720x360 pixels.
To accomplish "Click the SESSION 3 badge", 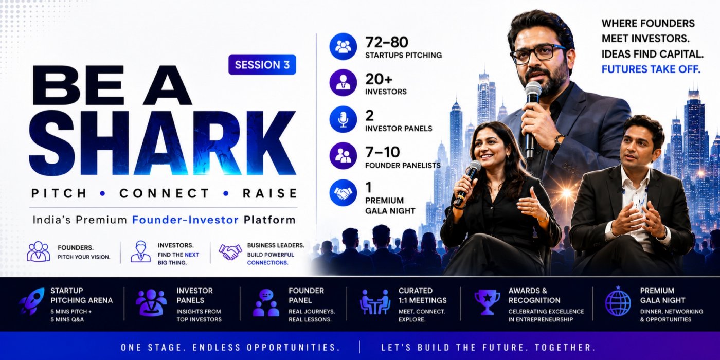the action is click(x=262, y=65).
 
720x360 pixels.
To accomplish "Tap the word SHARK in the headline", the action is click(x=163, y=143).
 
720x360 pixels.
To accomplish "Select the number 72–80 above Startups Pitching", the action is click(x=387, y=42).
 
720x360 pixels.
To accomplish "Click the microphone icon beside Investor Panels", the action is click(x=344, y=119).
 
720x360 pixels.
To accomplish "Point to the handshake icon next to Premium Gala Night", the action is click(x=344, y=193).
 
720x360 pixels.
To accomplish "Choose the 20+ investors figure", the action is click(x=379, y=79).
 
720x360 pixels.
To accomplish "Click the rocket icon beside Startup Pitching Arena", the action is click(x=31, y=301).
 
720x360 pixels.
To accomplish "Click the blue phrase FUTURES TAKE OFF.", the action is click(x=651, y=69).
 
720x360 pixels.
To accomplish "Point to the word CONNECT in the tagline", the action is click(x=164, y=193).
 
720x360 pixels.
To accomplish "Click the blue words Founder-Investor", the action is click(x=186, y=220).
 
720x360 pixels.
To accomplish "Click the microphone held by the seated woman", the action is click(x=467, y=183).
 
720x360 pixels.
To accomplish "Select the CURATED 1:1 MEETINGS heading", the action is click(x=422, y=295).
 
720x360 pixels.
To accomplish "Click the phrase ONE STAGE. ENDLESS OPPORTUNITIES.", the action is click(x=230, y=348).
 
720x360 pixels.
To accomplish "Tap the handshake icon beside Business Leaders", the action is click(x=230, y=252).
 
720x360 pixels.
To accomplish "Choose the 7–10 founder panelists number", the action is click(x=383, y=152).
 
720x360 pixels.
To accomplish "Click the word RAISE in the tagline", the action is click(x=270, y=193).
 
